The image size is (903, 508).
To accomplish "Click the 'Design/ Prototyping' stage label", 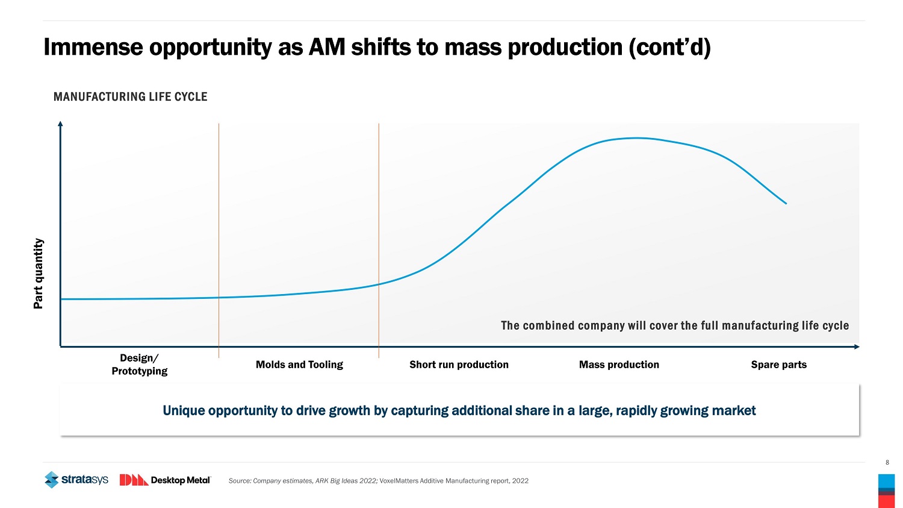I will (139, 365).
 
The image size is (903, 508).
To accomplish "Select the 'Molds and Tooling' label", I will (299, 365).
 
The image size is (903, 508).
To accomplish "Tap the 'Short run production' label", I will (459, 365).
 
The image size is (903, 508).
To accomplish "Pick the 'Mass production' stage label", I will (619, 365).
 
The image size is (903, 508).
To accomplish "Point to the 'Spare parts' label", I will (778, 365).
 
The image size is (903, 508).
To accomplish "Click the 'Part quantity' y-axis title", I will (39, 274).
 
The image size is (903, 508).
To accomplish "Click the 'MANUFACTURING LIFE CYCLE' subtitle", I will (130, 96).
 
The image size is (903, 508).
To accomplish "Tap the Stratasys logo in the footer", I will (76, 480).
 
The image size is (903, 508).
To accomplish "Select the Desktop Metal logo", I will (165, 480).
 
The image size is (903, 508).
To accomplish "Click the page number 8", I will (887, 463).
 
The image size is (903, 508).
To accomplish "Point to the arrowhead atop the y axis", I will (60, 124).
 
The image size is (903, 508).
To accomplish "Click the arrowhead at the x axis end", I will (857, 347).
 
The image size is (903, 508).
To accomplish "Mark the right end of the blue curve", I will (786, 203).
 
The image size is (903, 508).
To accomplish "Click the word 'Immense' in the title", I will (93, 47).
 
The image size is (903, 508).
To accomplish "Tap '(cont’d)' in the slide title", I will (670, 47).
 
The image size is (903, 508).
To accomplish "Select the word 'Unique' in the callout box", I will (183, 411).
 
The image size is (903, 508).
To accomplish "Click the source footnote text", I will (378, 481).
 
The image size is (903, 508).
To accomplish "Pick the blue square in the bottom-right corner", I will (886, 480).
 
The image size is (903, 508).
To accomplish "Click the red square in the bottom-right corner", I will (886, 501).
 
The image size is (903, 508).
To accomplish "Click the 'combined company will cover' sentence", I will (674, 325).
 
